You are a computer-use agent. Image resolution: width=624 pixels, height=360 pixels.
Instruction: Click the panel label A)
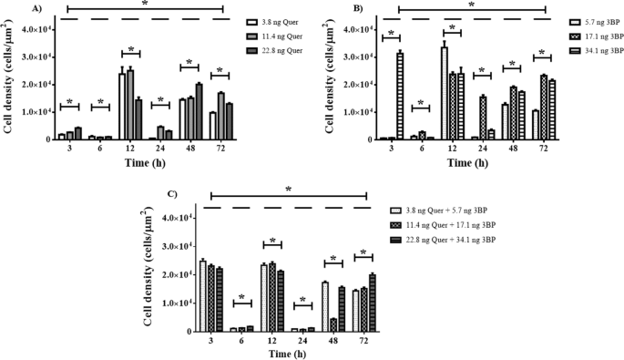point(36,8)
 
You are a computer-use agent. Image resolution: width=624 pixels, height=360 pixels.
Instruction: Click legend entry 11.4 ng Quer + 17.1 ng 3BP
point(455,224)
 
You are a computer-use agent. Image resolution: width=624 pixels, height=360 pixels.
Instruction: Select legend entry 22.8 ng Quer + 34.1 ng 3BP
point(455,239)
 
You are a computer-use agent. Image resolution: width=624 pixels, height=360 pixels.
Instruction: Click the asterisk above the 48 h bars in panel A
point(191,63)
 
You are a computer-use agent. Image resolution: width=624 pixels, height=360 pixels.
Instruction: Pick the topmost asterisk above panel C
point(288,189)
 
